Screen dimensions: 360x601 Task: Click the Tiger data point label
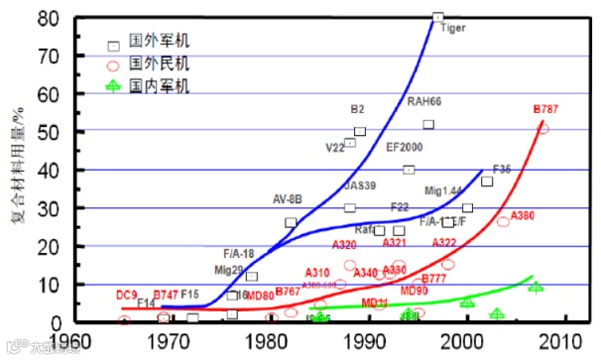click(x=451, y=29)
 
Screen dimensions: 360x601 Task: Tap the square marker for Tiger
click(x=437, y=17)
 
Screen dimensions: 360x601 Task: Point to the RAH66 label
click(x=423, y=102)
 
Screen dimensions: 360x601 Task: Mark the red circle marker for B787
click(x=542, y=128)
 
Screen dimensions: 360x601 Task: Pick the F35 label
click(x=502, y=170)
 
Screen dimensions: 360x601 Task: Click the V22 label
click(x=335, y=148)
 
